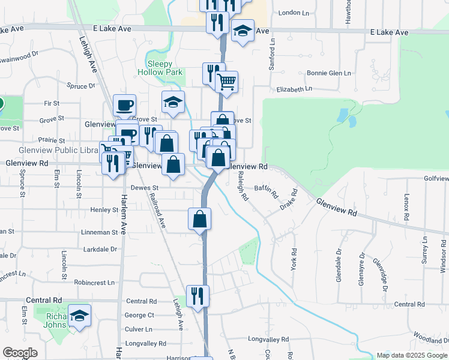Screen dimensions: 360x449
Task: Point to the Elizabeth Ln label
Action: (x=294, y=89)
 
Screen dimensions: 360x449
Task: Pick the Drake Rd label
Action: (x=289, y=200)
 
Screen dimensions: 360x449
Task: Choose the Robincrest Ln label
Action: (x=94, y=282)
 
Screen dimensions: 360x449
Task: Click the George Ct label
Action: (x=139, y=315)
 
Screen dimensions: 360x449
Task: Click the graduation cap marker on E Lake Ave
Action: (x=243, y=32)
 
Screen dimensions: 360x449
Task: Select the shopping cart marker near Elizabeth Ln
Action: (x=227, y=82)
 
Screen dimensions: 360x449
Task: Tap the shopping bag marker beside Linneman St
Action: (x=200, y=219)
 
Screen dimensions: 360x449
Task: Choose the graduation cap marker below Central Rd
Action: (x=79, y=316)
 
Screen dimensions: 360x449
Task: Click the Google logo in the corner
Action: (x=20, y=353)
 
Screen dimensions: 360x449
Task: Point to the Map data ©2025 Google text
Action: (x=411, y=355)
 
